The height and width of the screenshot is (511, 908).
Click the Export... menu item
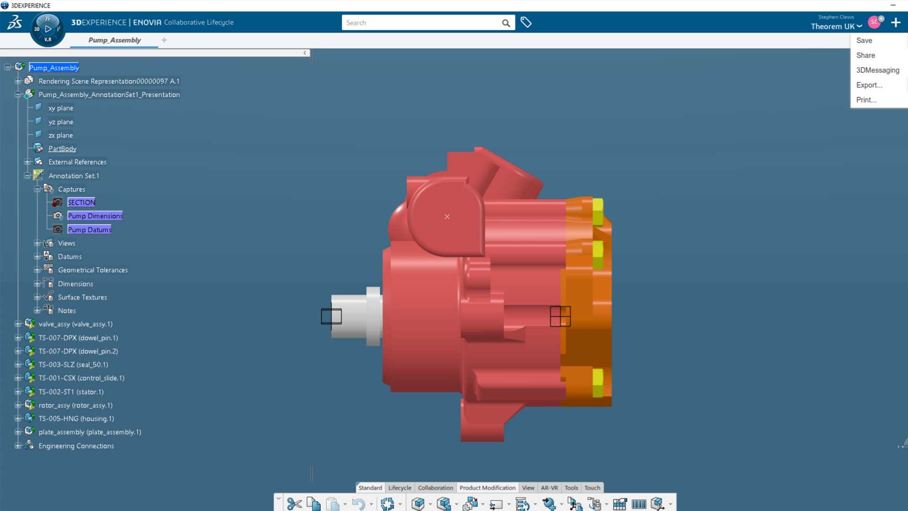click(x=869, y=85)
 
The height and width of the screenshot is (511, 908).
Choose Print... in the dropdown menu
click(x=866, y=100)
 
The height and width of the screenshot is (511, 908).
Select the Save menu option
click(x=864, y=41)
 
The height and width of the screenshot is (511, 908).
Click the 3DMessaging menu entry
click(x=877, y=70)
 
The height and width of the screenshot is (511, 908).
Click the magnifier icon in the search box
click(x=506, y=23)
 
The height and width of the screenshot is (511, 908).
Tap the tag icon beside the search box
click(x=526, y=22)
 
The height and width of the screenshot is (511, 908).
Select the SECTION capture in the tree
click(x=81, y=203)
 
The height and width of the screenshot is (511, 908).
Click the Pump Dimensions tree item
click(x=95, y=216)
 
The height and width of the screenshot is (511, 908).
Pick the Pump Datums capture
click(x=89, y=229)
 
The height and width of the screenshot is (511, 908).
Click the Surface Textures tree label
click(x=82, y=297)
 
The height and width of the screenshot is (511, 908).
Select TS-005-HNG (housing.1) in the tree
click(x=76, y=419)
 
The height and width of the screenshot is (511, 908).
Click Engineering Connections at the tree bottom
click(x=76, y=446)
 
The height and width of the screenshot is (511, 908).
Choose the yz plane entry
click(x=61, y=122)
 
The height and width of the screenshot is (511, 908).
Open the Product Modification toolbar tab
click(x=487, y=488)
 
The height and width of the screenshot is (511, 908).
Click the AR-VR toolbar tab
click(x=549, y=488)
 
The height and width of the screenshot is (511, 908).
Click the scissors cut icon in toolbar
click(x=294, y=504)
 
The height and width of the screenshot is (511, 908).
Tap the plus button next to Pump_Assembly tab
click(x=164, y=40)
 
